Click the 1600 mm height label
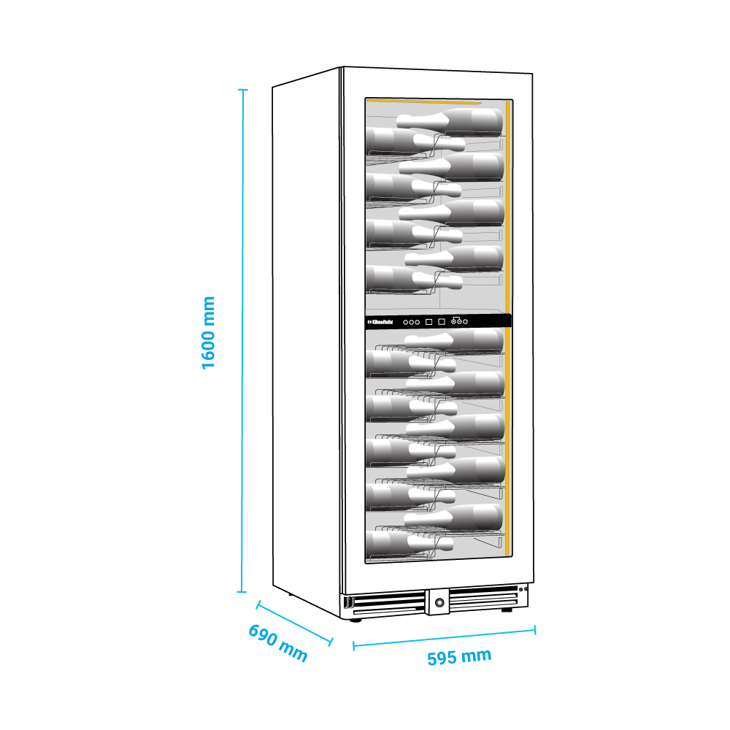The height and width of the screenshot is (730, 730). click(x=209, y=332)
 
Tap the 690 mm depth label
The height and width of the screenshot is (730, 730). click(x=278, y=642)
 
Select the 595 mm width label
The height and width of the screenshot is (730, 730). click(x=459, y=657)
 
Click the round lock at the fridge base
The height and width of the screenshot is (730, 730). click(x=439, y=602)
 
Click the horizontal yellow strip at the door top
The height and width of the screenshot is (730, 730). click(x=423, y=101)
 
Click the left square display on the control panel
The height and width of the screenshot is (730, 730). click(x=429, y=320)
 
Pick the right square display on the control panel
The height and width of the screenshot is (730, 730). click(x=442, y=320)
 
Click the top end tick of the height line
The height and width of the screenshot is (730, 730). click(x=243, y=90)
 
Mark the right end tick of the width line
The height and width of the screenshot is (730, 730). click(x=535, y=629)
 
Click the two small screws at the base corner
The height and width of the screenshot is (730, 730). click(x=523, y=588)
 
